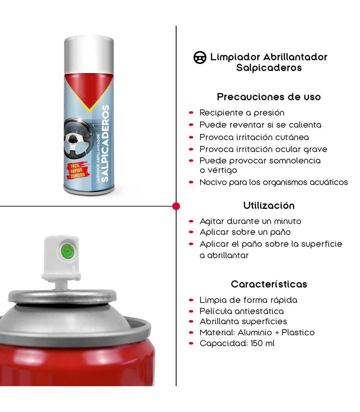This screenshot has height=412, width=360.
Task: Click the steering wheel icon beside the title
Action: [200, 57]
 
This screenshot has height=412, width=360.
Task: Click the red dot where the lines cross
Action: [176, 206]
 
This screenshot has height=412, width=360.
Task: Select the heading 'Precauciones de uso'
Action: [269, 97]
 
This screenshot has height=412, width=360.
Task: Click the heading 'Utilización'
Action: [269, 206]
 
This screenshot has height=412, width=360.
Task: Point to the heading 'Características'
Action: [269, 284]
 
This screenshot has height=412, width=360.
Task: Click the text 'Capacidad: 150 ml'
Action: [237, 343]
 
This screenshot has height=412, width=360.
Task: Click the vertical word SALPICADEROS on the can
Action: [105, 143]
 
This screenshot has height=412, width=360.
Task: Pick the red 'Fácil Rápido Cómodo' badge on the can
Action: [78, 170]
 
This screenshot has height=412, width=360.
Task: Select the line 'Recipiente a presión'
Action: [242, 113]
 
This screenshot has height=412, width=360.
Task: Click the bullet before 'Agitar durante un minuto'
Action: [191, 221]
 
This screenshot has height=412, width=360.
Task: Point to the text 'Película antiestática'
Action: [242, 311]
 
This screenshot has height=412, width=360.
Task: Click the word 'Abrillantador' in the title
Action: [295, 57]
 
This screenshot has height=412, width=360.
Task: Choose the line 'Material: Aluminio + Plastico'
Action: [257, 332]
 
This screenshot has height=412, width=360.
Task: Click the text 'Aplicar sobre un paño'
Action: [245, 232]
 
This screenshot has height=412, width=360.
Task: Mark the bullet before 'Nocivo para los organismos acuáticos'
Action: [191, 182]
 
